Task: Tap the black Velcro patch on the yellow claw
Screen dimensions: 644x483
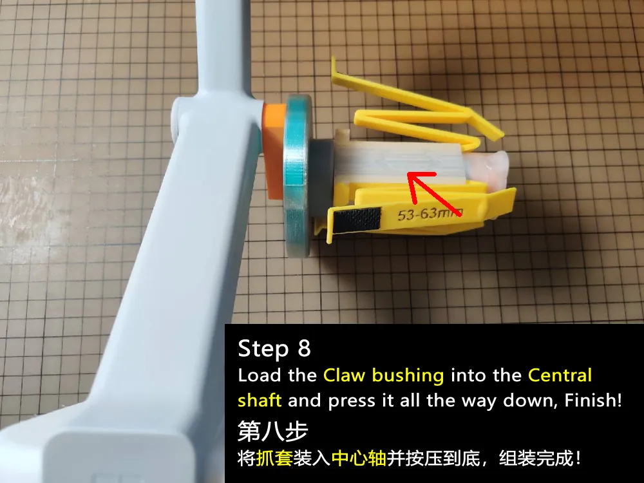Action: click(x=357, y=220)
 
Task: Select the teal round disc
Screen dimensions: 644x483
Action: click(x=296, y=176)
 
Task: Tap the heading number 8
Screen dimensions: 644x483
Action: click(x=304, y=348)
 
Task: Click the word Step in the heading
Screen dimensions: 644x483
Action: click(x=263, y=349)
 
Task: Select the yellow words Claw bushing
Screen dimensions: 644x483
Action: click(x=384, y=375)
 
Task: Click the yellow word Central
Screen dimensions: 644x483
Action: click(x=560, y=375)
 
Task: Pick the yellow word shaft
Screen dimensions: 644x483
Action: click(x=260, y=400)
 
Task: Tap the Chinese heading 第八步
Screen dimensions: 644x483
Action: click(x=272, y=431)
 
